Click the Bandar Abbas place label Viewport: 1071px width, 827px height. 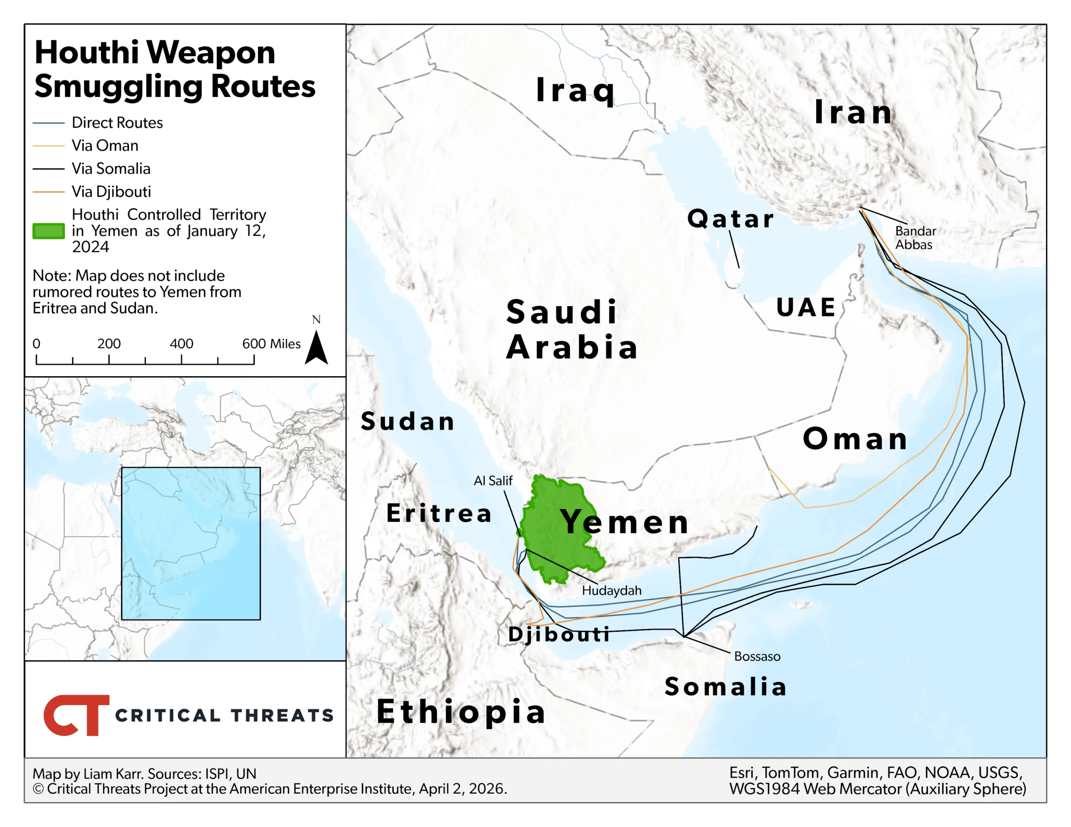pyautogui.click(x=915, y=238)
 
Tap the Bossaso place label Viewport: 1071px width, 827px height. pyautogui.click(x=757, y=656)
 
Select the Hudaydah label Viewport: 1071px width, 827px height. pyautogui.click(x=611, y=590)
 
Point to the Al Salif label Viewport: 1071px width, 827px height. pyautogui.click(x=492, y=480)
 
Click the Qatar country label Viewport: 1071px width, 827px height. pyautogui.click(x=730, y=218)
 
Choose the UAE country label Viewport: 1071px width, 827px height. pyautogui.click(x=806, y=307)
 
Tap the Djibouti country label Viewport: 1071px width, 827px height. pyautogui.click(x=559, y=634)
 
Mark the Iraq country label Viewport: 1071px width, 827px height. pyautogui.click(x=575, y=90)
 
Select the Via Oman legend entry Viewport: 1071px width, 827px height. pyautogui.click(x=105, y=145)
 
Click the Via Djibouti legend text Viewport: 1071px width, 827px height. pyautogui.click(x=111, y=191)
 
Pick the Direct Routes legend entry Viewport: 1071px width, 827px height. pyautogui.click(x=117, y=123)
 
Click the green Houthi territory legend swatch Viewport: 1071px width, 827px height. pyautogui.click(x=49, y=231)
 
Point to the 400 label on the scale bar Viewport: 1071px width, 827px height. pyautogui.click(x=181, y=344)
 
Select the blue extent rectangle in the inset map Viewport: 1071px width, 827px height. pyautogui.click(x=191, y=543)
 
